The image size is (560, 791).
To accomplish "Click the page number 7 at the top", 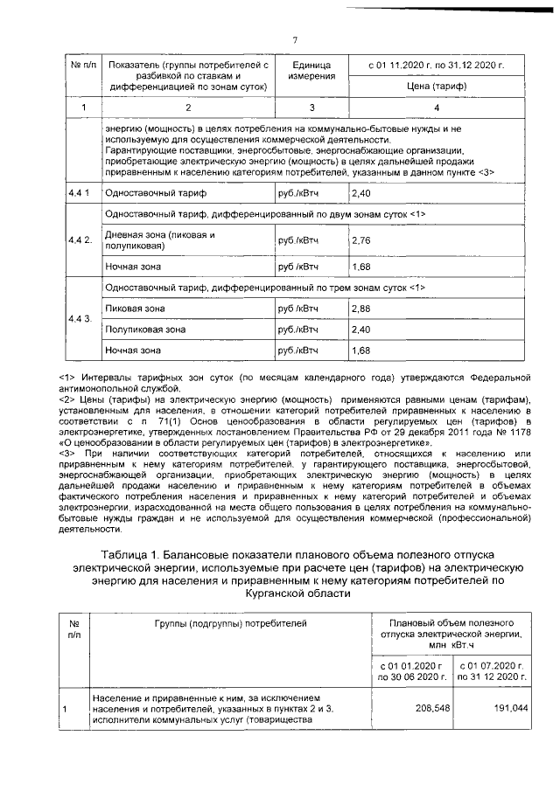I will click(x=295, y=38).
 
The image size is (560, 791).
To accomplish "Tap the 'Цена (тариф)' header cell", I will click(x=437, y=86).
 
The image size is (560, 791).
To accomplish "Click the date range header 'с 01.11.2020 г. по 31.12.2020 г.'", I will click(x=437, y=65).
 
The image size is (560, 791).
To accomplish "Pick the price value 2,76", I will click(x=360, y=239).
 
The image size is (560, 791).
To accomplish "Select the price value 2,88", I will click(x=360, y=309).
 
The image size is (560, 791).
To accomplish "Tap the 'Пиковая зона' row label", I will click(x=130, y=309).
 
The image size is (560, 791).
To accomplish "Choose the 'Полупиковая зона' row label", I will click(x=144, y=330).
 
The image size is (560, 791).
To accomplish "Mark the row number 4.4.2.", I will click(x=80, y=239).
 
